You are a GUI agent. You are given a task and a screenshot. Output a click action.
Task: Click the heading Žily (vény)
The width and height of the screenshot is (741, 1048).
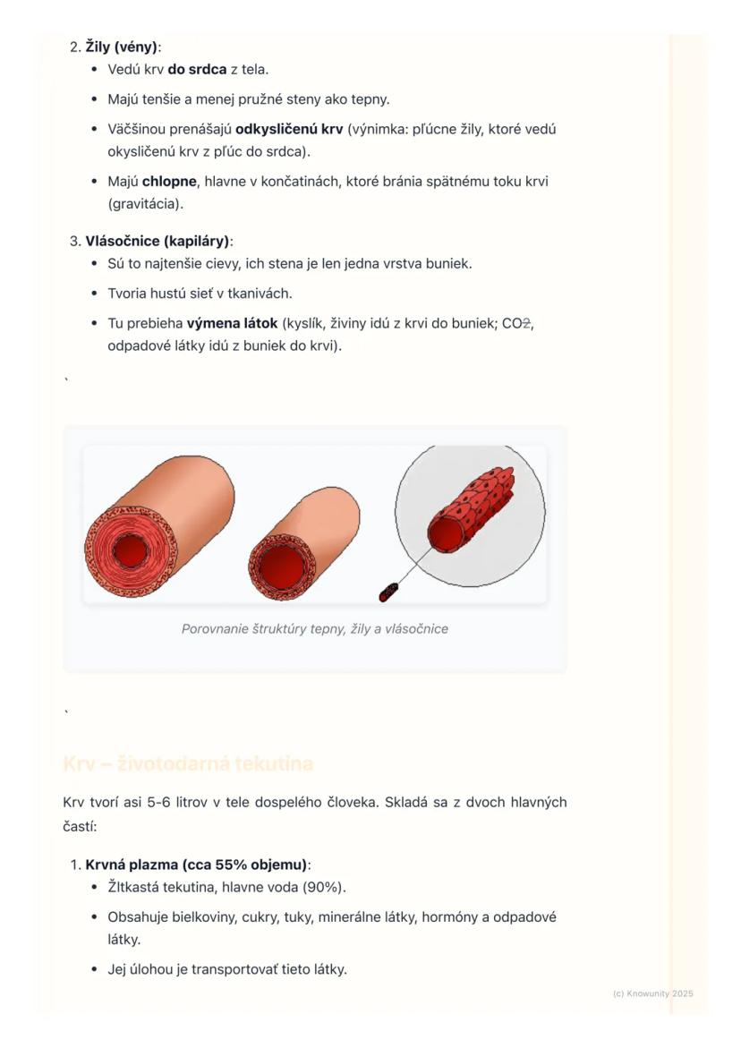pos(122,47)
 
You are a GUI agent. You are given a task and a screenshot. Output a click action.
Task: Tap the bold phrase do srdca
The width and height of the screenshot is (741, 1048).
pos(197,69)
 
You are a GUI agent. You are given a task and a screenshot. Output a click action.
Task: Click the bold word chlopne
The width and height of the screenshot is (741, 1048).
pos(169,182)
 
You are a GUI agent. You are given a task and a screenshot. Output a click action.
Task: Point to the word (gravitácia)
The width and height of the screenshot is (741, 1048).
pos(145,204)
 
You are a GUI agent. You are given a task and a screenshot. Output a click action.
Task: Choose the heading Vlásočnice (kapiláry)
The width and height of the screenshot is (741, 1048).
pos(158,241)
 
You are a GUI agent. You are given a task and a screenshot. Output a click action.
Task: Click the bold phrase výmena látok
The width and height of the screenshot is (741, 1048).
pos(232,323)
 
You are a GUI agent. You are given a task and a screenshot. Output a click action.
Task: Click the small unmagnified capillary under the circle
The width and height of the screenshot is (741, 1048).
pos(389,592)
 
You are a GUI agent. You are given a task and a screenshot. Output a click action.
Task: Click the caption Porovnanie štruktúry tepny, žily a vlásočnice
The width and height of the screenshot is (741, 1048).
pos(315,629)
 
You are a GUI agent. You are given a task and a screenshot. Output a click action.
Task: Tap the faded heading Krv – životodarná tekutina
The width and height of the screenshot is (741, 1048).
pos(188,764)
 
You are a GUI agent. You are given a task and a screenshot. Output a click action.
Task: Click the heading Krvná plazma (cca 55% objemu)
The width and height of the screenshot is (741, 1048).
pos(196,865)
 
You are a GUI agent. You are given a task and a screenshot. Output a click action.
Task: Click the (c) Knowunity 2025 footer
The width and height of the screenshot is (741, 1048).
pos(652,993)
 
